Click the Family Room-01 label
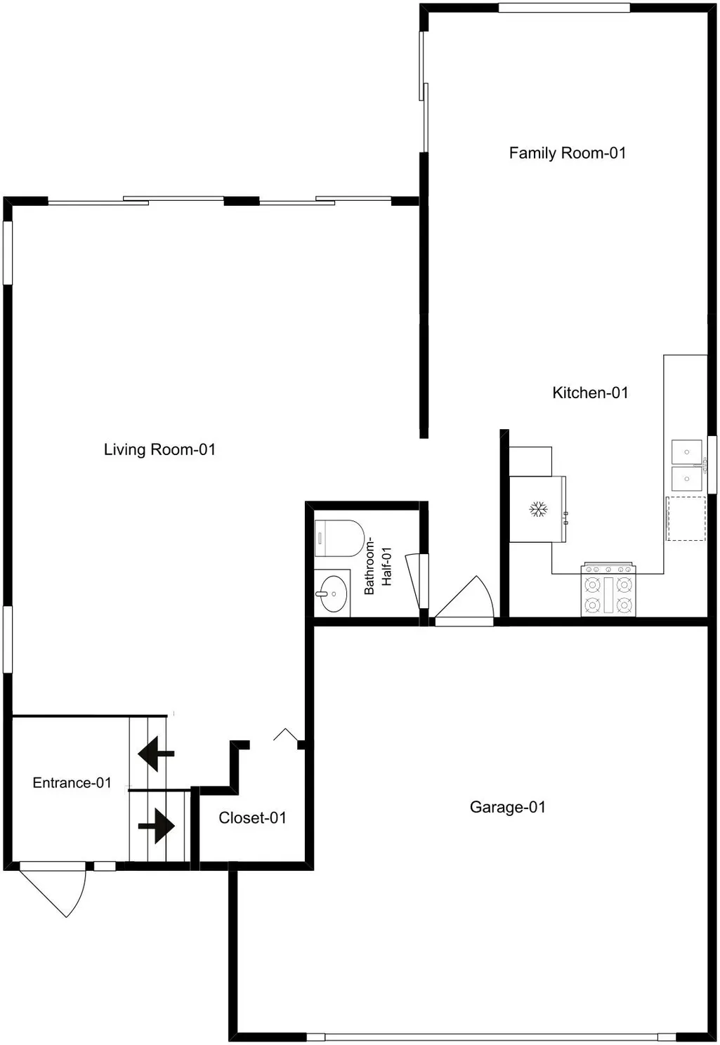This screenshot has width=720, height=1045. [x=567, y=153]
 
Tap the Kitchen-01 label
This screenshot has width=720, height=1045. [x=590, y=393]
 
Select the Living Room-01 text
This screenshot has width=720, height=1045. [x=159, y=449]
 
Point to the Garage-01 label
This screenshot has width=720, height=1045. [x=508, y=807]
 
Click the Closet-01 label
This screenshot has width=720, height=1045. [x=252, y=817]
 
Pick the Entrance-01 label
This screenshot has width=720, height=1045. [x=72, y=782]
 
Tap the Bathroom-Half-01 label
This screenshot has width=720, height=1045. [x=377, y=566]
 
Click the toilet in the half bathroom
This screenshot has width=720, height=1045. [x=339, y=539]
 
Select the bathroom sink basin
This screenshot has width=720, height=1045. [x=334, y=594]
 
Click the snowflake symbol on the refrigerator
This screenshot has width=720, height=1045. [x=538, y=509]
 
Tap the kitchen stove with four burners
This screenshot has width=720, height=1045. [x=608, y=590]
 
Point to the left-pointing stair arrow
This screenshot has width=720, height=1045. [x=156, y=754]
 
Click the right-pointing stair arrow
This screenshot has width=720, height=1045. [x=157, y=826]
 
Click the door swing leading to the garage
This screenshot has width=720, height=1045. [x=464, y=600]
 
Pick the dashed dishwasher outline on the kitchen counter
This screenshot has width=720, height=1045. [x=686, y=519]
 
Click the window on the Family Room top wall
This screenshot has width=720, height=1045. [x=564, y=8]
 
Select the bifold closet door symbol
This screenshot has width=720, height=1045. [x=286, y=735]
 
